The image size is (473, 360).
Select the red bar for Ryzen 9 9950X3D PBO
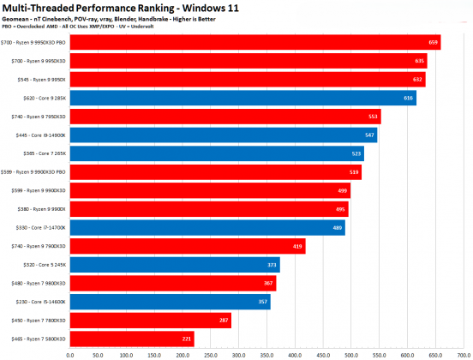pos(254,42)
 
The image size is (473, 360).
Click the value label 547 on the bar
pos(369,135)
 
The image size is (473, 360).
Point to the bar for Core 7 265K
pos(216,154)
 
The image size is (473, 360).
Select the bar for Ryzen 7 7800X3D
pos(150,321)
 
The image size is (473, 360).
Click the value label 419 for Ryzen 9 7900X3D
pos(297,246)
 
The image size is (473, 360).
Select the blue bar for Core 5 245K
pos(174,265)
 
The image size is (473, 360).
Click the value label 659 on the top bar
pos(433,42)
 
